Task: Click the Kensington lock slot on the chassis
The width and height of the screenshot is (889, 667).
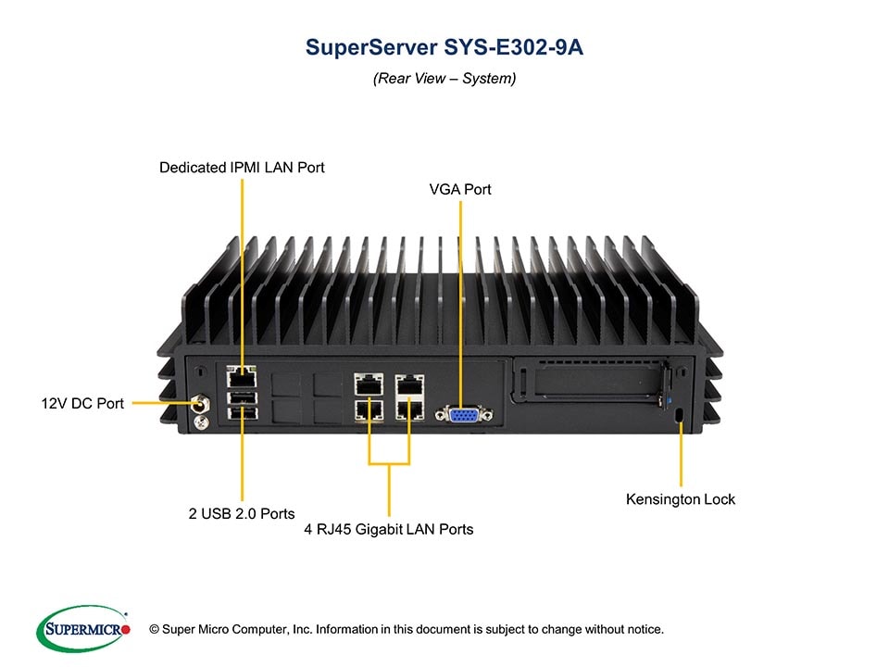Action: tap(681, 414)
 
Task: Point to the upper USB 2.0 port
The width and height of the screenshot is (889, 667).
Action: tap(242, 396)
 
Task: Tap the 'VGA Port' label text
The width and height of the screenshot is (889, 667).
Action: tap(460, 190)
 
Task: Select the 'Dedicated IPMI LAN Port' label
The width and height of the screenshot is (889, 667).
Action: tap(242, 168)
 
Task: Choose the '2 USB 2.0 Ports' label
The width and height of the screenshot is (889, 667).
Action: tap(242, 513)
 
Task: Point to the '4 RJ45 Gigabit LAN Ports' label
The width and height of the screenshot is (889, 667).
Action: tap(389, 530)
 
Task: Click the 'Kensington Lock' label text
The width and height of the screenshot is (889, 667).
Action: tap(681, 499)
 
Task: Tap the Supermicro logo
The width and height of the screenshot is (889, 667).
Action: tap(82, 629)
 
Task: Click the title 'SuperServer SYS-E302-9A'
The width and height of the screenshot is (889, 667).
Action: tap(444, 48)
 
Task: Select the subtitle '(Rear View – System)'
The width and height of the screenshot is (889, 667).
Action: tap(444, 79)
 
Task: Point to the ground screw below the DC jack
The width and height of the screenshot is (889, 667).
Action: tap(198, 422)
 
